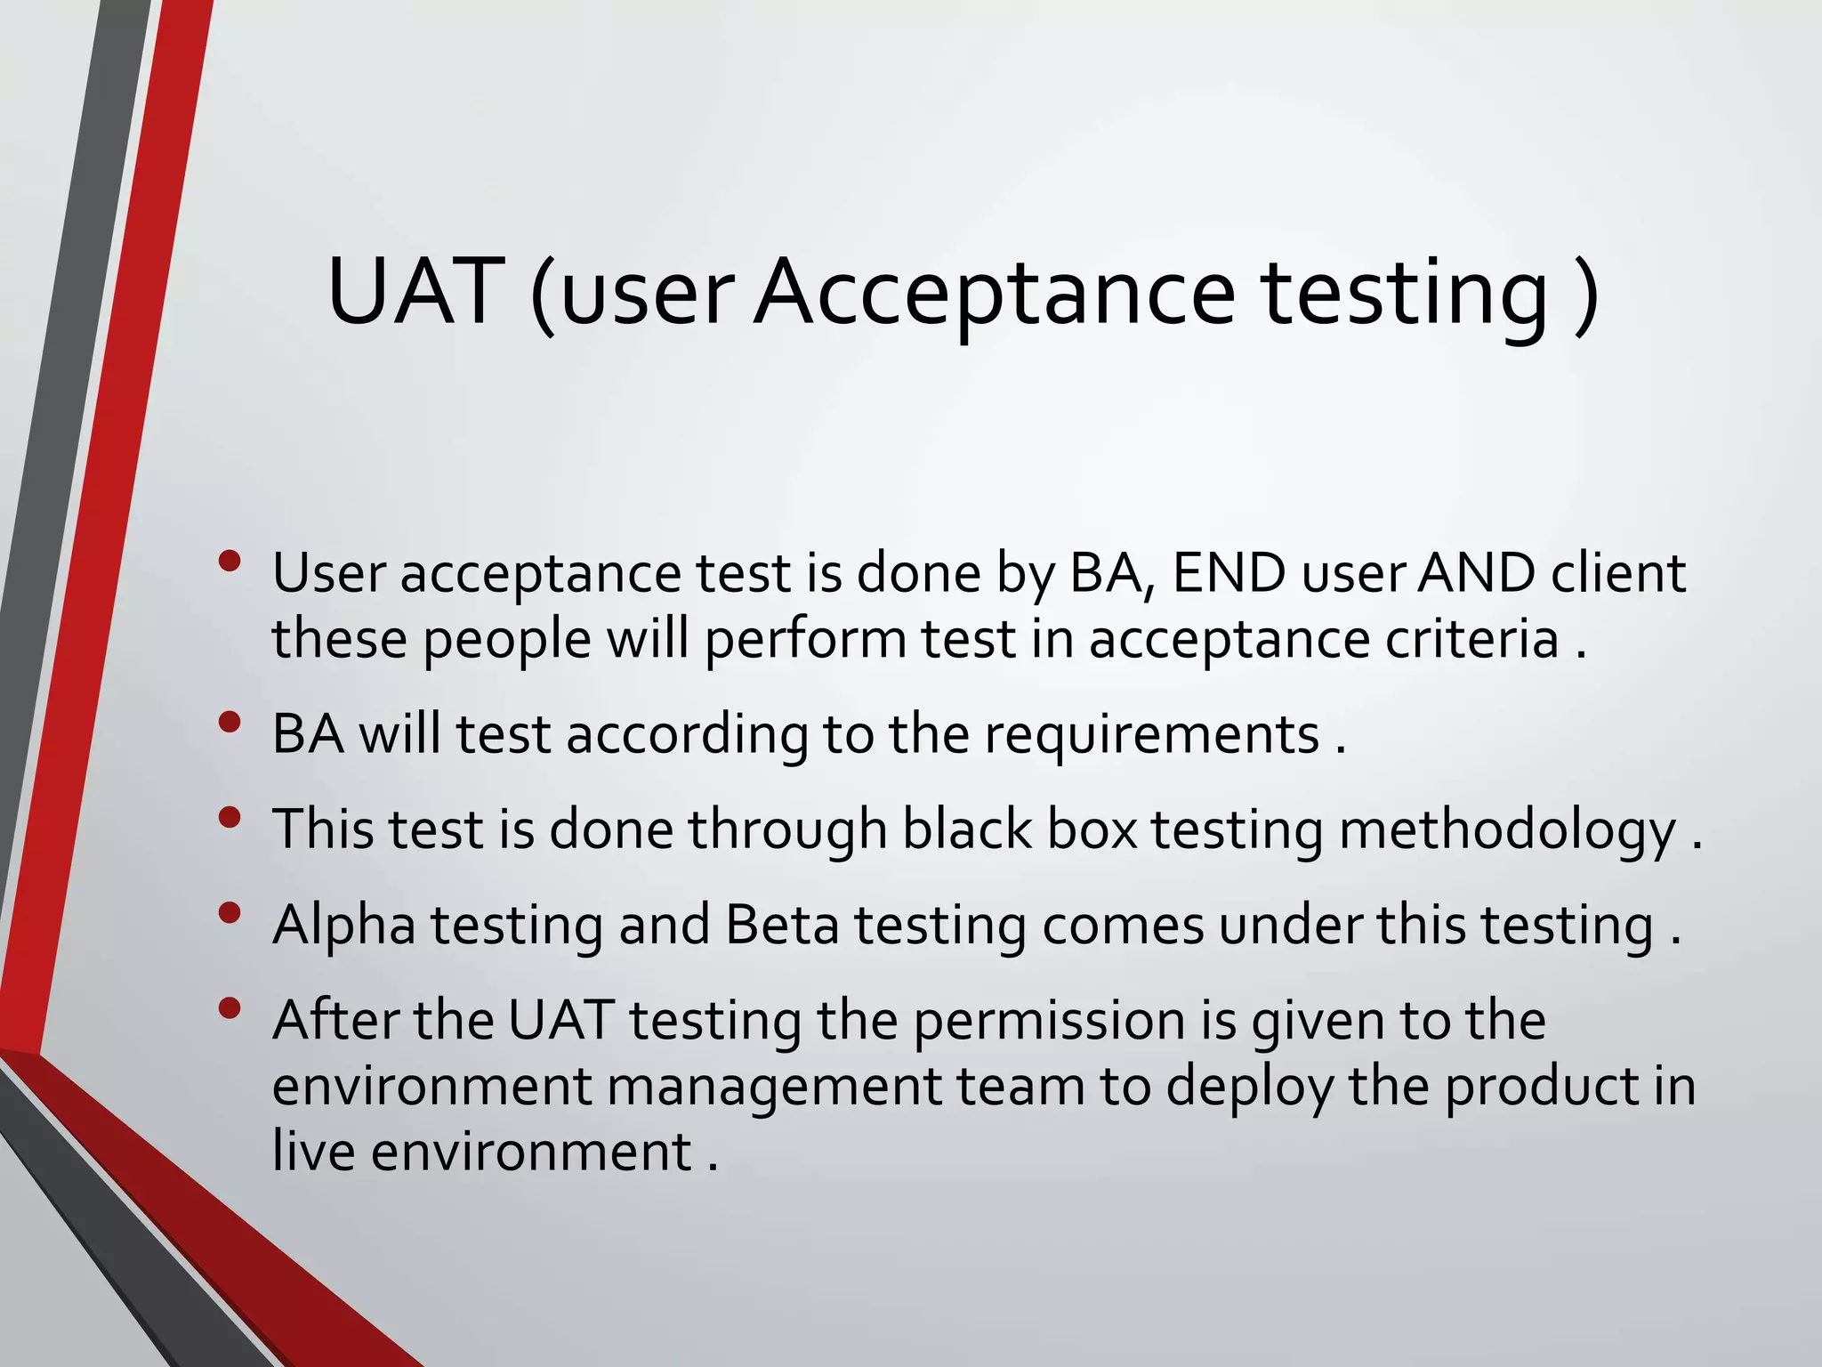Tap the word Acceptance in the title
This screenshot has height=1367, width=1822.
[x=995, y=295]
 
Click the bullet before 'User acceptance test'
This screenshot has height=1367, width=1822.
[x=230, y=561]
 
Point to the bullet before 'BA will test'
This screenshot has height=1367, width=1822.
[x=230, y=722]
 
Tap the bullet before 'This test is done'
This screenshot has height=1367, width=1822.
[x=230, y=817]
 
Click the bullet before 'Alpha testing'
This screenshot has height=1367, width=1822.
[x=230, y=912]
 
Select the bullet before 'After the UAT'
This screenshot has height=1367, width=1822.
[x=230, y=1007]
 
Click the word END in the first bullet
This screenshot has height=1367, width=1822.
[x=1229, y=573]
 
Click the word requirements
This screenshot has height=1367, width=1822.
[x=1151, y=736]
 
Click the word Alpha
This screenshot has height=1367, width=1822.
[x=344, y=926]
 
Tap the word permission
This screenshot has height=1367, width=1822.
[x=1050, y=1022]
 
